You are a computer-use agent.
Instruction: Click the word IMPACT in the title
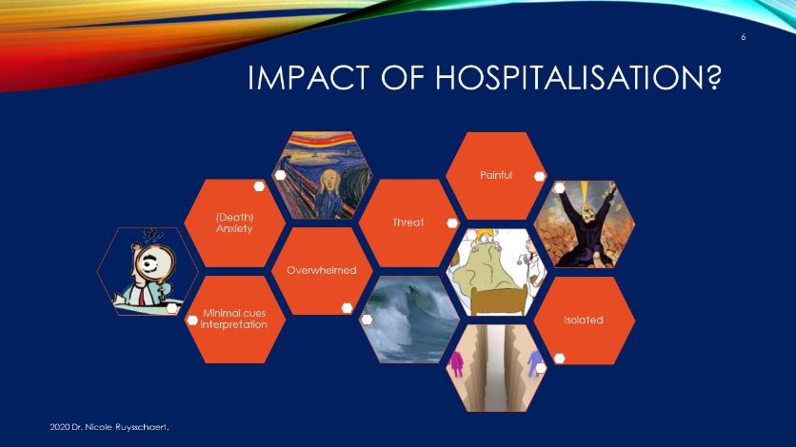308,78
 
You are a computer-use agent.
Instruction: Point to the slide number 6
744,37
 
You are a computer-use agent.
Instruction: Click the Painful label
496,175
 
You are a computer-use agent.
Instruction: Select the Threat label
408,222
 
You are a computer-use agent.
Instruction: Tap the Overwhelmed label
321,270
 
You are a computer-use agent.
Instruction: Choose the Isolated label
584,320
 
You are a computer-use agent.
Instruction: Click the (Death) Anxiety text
234,223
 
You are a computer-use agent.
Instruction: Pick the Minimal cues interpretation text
234,319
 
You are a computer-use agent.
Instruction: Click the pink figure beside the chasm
456,364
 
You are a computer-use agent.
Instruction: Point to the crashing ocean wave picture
409,320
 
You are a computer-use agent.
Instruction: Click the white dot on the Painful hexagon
540,176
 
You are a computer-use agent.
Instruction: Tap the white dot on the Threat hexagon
452,223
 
